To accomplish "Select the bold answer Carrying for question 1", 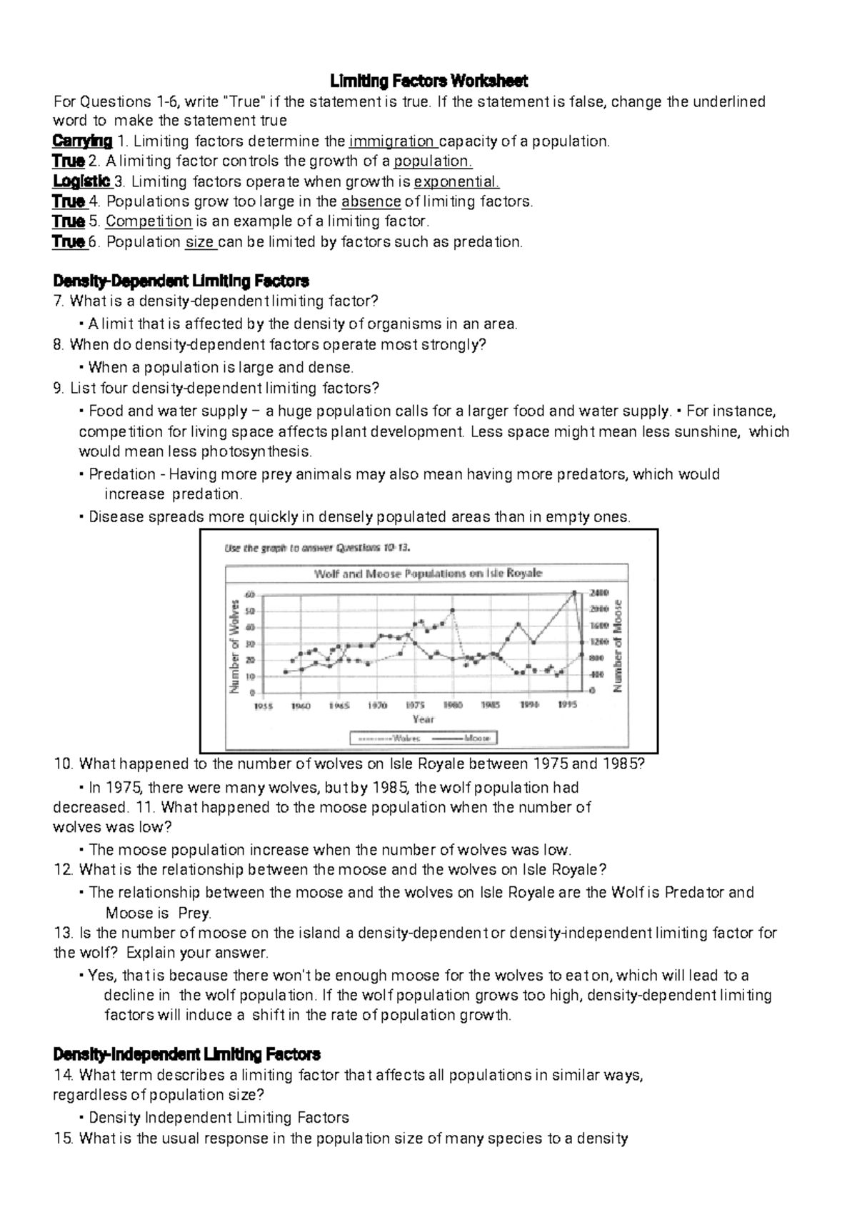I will tap(82, 141).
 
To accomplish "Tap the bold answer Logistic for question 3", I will tap(81, 181).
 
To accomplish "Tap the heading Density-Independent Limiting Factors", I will tap(187, 1053).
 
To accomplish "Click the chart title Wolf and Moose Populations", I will tap(428, 574).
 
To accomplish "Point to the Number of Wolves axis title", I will tap(234, 643).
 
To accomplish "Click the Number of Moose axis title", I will tap(618, 645).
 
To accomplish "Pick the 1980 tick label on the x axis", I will tap(452, 705).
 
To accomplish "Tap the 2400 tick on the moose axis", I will tap(599, 593).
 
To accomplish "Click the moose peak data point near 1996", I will tap(574, 592).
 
